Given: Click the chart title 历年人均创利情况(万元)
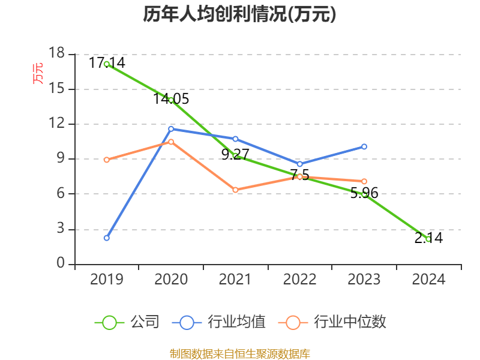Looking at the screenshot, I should [x=239, y=14].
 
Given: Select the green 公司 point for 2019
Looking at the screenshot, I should [x=106, y=64].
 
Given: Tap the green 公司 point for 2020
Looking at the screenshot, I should [x=171, y=100].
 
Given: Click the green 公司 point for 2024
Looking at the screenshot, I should [x=428, y=239].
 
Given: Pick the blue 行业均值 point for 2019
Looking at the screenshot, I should [x=106, y=238].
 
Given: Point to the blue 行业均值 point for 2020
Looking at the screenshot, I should [x=171, y=128].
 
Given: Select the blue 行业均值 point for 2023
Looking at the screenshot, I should [x=364, y=146].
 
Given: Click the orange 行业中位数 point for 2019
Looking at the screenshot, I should [x=106, y=160].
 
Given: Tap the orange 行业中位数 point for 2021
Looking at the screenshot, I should [x=235, y=190].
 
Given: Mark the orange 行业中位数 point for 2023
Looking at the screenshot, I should [x=364, y=181].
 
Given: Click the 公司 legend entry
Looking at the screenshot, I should [x=127, y=322].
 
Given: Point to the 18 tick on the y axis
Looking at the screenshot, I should [x=56, y=54].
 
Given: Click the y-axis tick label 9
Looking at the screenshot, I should [x=61, y=159].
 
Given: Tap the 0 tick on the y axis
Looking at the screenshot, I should [x=61, y=264].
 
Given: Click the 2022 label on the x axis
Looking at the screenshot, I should [x=299, y=280].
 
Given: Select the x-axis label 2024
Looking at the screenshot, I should [x=428, y=280].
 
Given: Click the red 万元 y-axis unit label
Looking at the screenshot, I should [x=38, y=73].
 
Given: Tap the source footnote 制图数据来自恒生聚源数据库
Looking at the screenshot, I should [x=239, y=353].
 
